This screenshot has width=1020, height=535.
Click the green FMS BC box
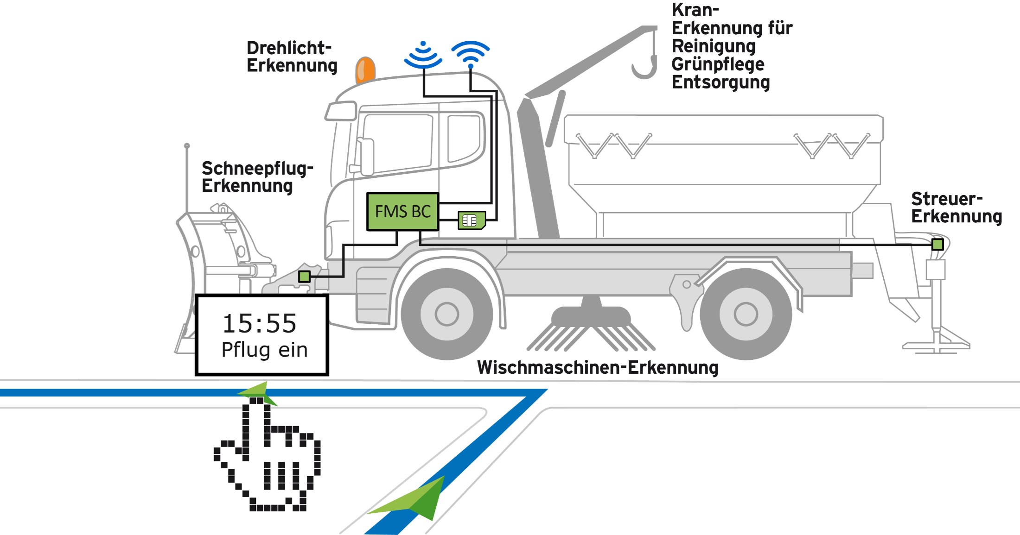tap(402, 212)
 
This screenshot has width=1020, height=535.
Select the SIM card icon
tap(472, 220)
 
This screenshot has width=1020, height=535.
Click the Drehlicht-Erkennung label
tap(292, 57)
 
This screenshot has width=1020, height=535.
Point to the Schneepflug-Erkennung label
tap(257, 177)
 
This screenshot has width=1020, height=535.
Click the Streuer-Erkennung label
tap(956, 208)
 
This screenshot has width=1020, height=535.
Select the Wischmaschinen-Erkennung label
tap(598, 368)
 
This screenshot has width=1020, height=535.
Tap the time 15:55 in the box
tap(259, 323)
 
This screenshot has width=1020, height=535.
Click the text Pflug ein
tap(264, 350)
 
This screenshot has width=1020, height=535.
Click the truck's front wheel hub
tap(447, 314)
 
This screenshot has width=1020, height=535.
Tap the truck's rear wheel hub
tap(746, 314)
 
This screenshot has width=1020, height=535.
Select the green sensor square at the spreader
tap(937, 244)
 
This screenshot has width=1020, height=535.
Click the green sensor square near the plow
tap(304, 277)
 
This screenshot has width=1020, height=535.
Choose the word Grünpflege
tap(718, 65)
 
